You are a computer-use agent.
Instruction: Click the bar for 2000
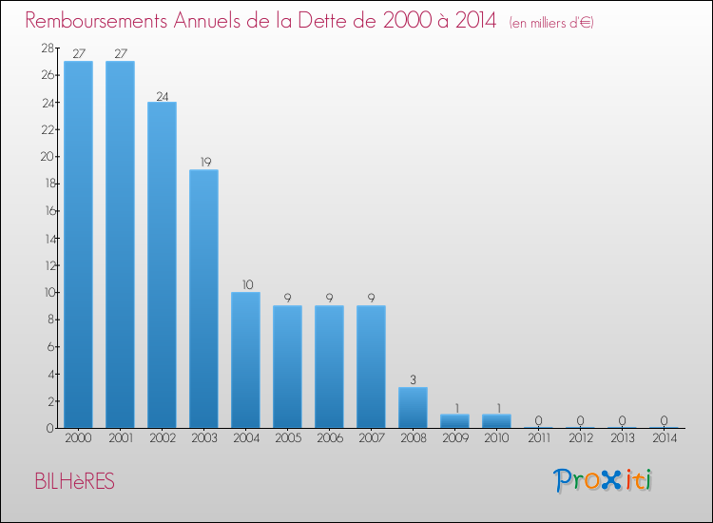coord(78,244)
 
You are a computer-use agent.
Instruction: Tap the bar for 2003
coord(203,299)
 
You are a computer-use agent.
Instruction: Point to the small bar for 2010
coord(496,420)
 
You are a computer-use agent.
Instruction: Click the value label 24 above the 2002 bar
coord(162,94)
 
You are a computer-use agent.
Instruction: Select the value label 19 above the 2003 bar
coord(203,162)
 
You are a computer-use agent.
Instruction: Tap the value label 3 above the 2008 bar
coord(413,379)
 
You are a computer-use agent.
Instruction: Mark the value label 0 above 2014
coord(664,420)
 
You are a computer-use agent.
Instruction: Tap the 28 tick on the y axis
coord(46,48)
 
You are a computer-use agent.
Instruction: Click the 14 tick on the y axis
coord(46,238)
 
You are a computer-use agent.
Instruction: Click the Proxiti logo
coord(603,480)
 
